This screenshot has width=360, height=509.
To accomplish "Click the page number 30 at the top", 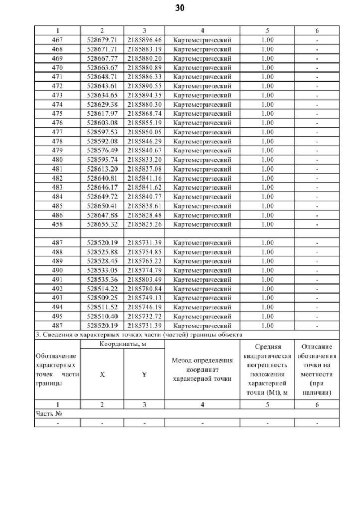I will [179, 8].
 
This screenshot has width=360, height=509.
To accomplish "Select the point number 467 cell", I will [57, 40].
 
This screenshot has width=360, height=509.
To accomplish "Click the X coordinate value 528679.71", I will [102, 40].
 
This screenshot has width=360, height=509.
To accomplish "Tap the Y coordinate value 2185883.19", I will [144, 49].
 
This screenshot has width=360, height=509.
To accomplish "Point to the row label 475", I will [57, 114].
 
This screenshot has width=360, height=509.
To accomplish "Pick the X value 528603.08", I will [102, 123].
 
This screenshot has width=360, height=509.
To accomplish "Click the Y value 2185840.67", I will [144, 150].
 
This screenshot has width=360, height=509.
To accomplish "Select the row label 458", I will [57, 224].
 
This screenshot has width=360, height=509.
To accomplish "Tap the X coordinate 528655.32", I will [102, 224].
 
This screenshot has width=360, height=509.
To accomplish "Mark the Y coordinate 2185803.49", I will [144, 280].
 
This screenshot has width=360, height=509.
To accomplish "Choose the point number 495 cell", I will [57, 316].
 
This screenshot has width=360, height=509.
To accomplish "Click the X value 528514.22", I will [102, 289].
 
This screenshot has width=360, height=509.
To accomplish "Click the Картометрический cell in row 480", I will [202, 159].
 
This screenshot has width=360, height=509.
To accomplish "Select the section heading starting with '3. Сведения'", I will [138, 335].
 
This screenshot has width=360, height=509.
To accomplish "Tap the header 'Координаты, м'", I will [123, 344].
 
